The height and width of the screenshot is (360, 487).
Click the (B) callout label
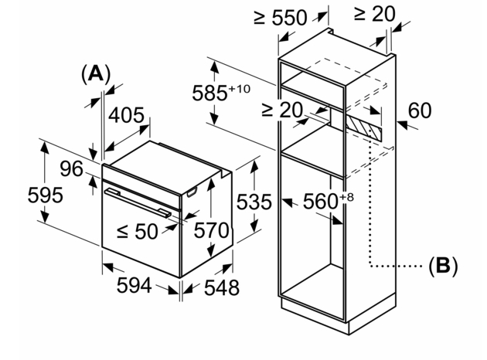click(443, 267)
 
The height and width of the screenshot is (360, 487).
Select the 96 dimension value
click(71, 169)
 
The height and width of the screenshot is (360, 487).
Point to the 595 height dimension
click(23, 195)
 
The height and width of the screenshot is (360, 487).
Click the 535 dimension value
click(254, 203)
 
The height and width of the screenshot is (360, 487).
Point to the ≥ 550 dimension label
click(280, 18)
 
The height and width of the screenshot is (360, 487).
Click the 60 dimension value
click(419, 111)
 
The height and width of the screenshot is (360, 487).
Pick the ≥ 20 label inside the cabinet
click(281, 110)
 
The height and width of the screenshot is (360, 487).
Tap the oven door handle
click(139, 200)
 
